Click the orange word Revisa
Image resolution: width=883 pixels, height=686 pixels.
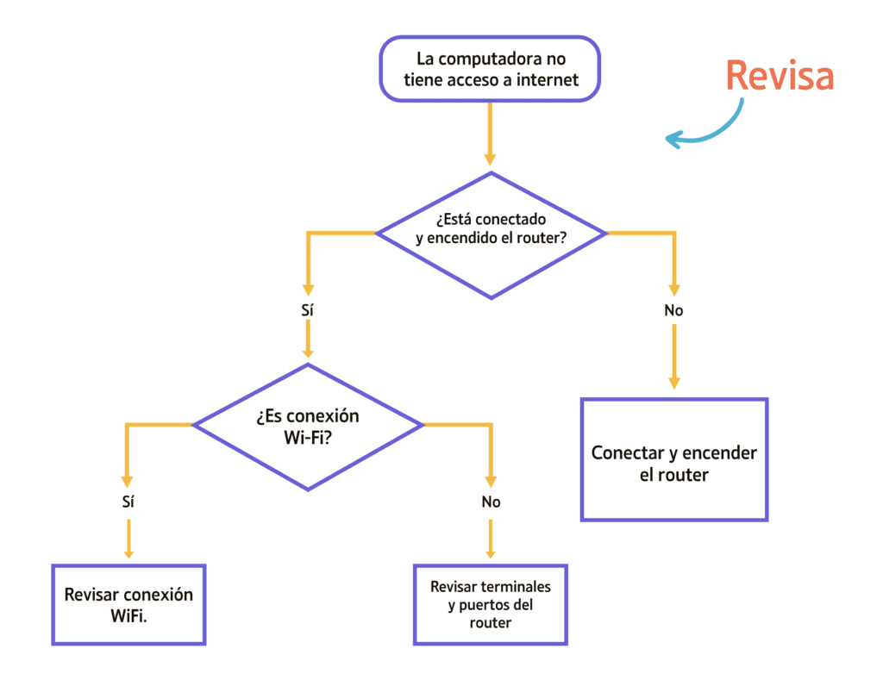(780, 76)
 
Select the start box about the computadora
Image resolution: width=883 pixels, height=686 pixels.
(490, 69)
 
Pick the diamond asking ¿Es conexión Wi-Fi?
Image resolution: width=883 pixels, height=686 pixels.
(308, 426)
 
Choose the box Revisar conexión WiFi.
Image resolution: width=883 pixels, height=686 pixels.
(128, 605)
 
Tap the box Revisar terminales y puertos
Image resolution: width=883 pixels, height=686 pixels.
(490, 605)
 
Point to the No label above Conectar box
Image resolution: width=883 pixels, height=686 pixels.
(673, 310)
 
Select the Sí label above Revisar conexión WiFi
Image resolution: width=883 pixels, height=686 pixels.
(128, 502)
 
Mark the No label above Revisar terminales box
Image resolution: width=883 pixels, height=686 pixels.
(491, 502)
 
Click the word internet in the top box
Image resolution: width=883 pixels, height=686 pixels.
(548, 79)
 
